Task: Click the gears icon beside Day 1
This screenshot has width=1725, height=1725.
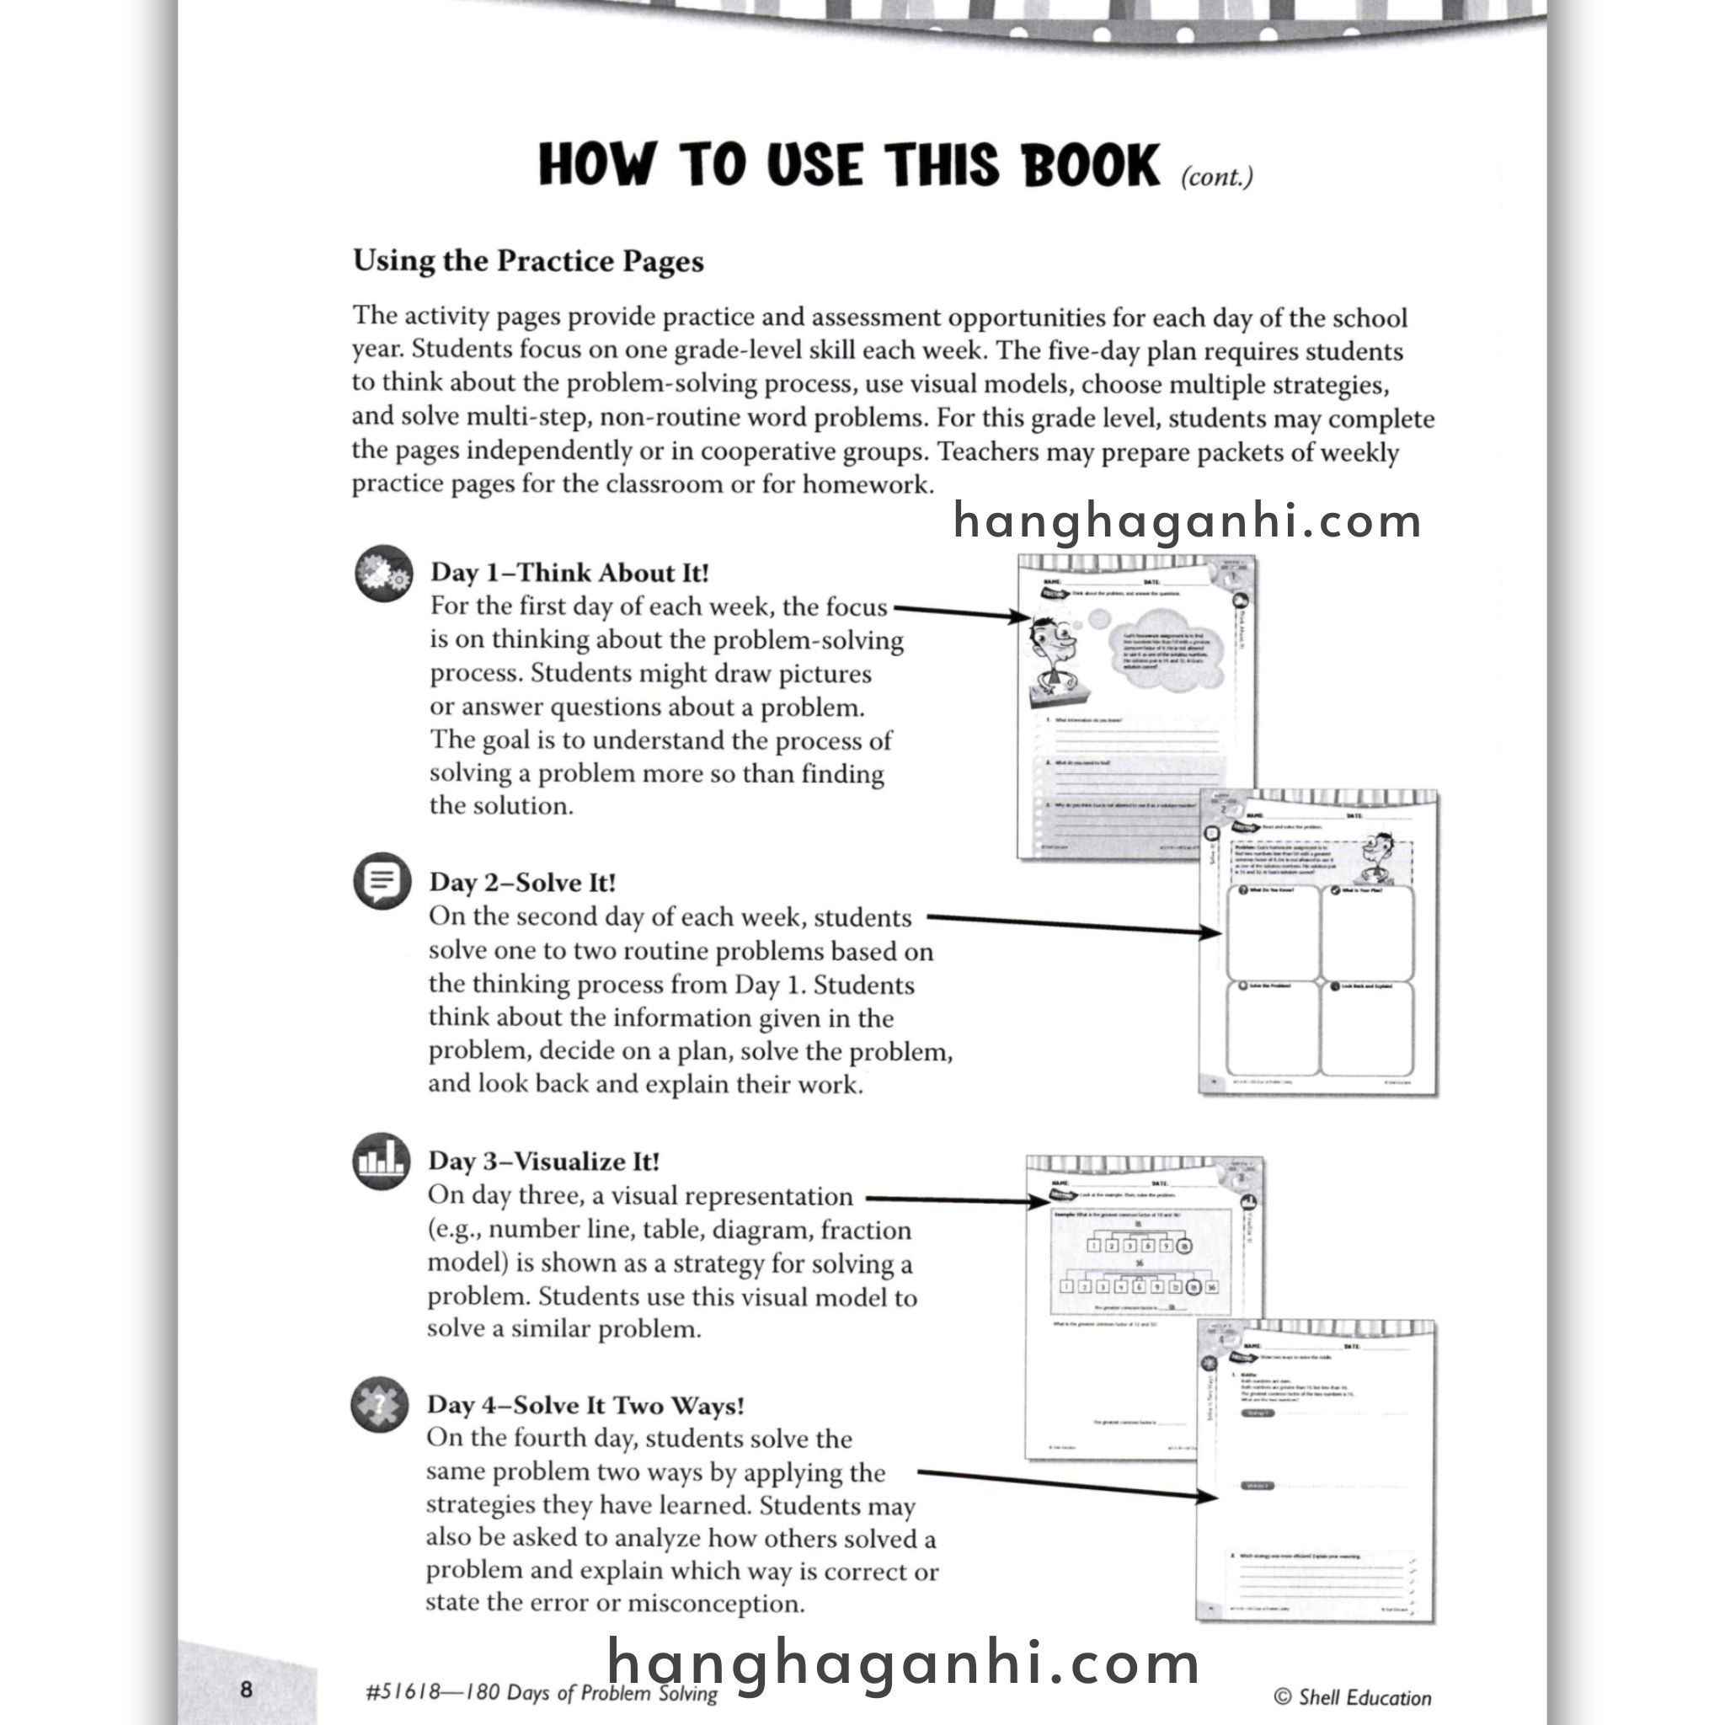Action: (x=384, y=574)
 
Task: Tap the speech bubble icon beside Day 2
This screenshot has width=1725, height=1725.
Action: (x=382, y=881)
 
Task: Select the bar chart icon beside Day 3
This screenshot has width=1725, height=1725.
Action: (x=382, y=1161)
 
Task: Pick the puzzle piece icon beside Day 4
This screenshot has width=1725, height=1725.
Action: (x=380, y=1404)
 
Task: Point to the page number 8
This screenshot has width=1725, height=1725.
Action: (x=247, y=1690)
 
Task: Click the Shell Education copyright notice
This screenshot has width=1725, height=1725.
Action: (x=1353, y=1697)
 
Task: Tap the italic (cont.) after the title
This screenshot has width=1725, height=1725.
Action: (x=1217, y=177)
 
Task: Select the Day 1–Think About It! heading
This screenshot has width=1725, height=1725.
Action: (x=569, y=572)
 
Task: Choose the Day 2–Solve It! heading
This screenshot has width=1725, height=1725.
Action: (x=522, y=882)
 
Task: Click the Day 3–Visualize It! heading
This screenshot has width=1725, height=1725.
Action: (x=544, y=1162)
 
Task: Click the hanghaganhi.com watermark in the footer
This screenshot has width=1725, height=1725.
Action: (x=904, y=1663)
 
